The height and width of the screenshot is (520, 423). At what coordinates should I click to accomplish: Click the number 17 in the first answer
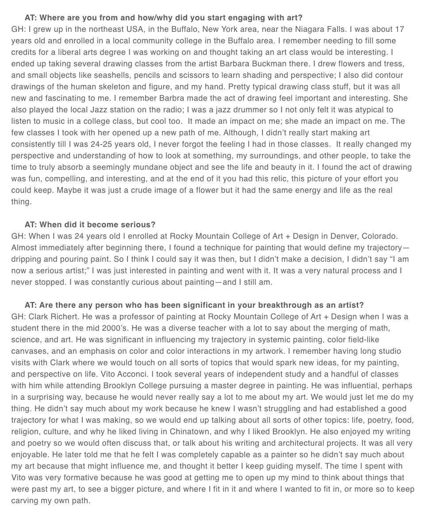[x=399, y=30]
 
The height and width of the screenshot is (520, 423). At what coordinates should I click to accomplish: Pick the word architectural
[x=332, y=443]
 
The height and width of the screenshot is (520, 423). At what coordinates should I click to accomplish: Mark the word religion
[x=24, y=432]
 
